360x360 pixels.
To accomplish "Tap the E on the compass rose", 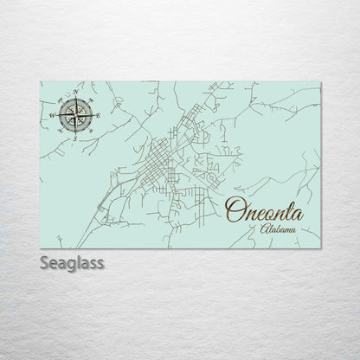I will pos(98,114).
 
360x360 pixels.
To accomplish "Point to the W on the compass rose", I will pos(52,114).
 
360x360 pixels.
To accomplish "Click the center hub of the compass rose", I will pos(75,114).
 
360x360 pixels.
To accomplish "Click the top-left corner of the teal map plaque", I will pos(41,82).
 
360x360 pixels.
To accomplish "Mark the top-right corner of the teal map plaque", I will pos(320,82).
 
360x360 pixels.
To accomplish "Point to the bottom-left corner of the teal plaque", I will pos(41,247).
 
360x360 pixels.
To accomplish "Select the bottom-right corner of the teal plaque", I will pos(320,247).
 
